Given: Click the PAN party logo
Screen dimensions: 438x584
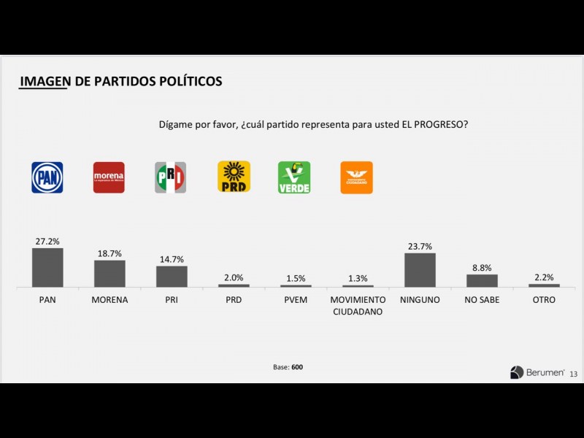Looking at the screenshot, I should coord(47,177).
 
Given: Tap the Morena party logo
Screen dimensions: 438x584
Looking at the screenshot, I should coord(109,177).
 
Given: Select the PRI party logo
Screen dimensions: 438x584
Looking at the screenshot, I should coord(171,177).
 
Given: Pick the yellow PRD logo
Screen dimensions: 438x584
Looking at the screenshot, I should coord(234,177).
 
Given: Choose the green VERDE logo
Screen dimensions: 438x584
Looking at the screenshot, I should coord(294,177).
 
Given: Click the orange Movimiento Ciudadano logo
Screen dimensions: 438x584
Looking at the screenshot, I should coord(356,177).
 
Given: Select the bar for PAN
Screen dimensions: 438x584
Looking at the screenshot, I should coord(47,267).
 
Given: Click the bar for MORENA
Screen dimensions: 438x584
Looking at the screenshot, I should coord(109,273).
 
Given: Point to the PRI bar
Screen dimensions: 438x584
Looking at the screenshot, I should coord(172,276).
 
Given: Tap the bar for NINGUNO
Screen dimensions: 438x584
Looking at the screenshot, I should coord(420,269).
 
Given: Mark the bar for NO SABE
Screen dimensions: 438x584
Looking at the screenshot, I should coord(482,280).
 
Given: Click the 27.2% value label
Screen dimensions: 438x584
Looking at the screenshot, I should coord(47,241).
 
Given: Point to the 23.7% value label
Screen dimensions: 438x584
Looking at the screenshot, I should coord(420,246).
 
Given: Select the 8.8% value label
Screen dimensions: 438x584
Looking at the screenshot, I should coord(482,267).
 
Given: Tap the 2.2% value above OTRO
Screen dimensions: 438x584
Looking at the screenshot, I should coord(544,277).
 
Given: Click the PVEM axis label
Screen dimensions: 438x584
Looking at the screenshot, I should coord(296,299).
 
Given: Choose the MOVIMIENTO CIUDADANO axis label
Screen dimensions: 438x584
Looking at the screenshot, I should coord(358,305).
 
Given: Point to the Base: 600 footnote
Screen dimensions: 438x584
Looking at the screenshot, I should coord(288,367).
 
